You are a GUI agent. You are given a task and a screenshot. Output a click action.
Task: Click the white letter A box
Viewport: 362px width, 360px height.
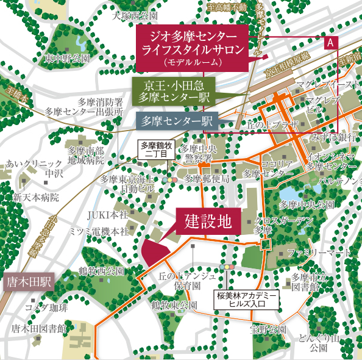pyautogui.click(x=330, y=43)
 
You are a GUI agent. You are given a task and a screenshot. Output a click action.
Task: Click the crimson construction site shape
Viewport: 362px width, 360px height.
pyautogui.click(x=156, y=250)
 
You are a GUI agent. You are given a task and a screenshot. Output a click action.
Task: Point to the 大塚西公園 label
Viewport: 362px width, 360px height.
pyautogui.click(x=135, y=15)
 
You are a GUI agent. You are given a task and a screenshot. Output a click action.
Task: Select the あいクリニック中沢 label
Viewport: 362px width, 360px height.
pyautogui.click(x=34, y=169)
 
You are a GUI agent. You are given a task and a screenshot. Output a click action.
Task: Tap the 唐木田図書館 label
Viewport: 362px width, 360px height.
pyautogui.click(x=38, y=329)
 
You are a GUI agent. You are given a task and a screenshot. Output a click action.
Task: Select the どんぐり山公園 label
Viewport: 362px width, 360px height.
pyautogui.click(x=319, y=343)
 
